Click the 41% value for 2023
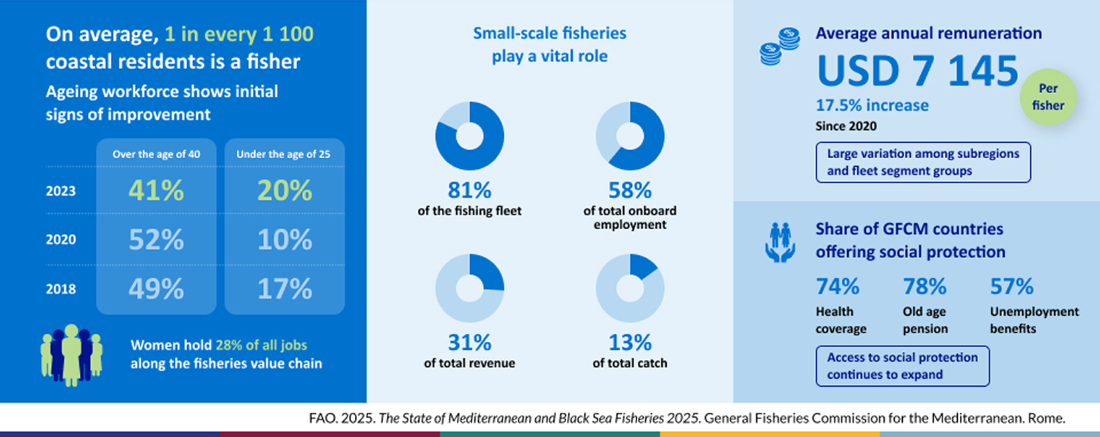pyautogui.click(x=156, y=191)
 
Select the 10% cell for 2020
pyautogui.click(x=284, y=240)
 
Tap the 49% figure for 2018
pyautogui.click(x=156, y=289)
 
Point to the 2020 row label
pyautogui.click(x=60, y=240)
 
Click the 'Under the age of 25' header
pyautogui.click(x=283, y=154)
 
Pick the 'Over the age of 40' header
pyautogui.click(x=156, y=154)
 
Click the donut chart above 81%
pyautogui.click(x=470, y=136)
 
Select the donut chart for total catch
pyautogui.click(x=630, y=288)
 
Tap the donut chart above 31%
pyautogui.click(x=470, y=288)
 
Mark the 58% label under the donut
pyautogui.click(x=630, y=190)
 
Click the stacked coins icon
pyautogui.click(x=779, y=46)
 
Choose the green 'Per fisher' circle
pyautogui.click(x=1048, y=97)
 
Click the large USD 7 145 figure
pyautogui.click(x=917, y=71)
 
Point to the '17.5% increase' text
pyautogui.click(x=872, y=105)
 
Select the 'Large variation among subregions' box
pyautogui.click(x=923, y=162)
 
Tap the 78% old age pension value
pyautogui.click(x=924, y=287)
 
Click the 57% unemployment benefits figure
pyautogui.click(x=1011, y=287)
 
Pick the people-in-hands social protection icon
pyautogui.click(x=780, y=242)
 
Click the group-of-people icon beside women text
pyautogui.click(x=71, y=355)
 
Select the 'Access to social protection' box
pyautogui.click(x=902, y=366)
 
